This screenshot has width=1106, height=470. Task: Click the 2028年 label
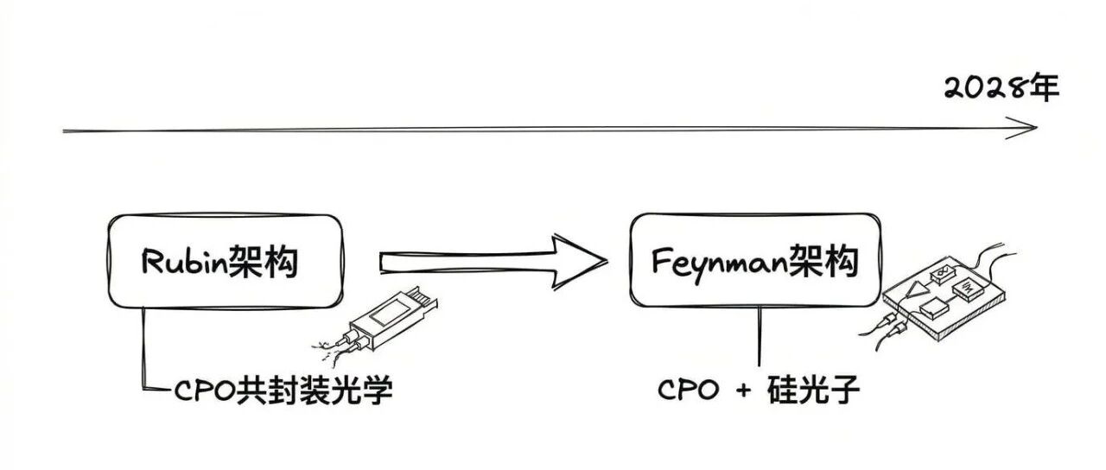[1001, 89]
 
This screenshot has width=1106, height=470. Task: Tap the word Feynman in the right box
[720, 261]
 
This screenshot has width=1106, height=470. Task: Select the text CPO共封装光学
[283, 391]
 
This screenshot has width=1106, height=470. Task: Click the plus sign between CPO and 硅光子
[743, 391]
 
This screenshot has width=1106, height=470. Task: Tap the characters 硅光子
[813, 391]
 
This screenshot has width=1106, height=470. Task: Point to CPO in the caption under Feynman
[688, 391]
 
